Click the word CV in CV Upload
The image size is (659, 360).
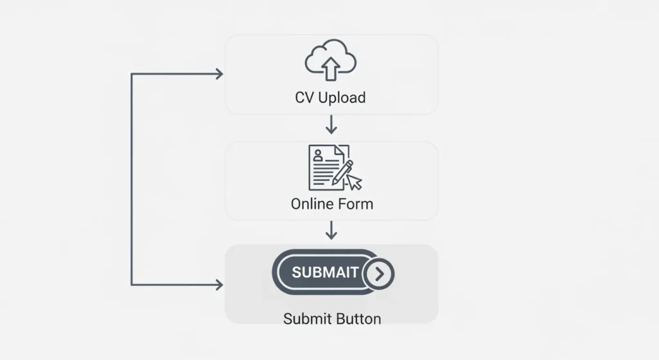(304, 98)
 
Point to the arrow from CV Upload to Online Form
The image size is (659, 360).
(331, 124)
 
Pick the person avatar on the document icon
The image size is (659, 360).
(317, 155)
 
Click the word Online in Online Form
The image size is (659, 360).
(311, 205)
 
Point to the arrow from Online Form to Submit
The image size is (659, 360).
(331, 230)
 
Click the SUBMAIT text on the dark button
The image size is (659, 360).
(325, 272)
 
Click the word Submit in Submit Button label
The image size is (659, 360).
(304, 319)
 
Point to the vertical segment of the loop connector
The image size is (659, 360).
(131, 180)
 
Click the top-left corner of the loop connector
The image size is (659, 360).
(131, 74)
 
